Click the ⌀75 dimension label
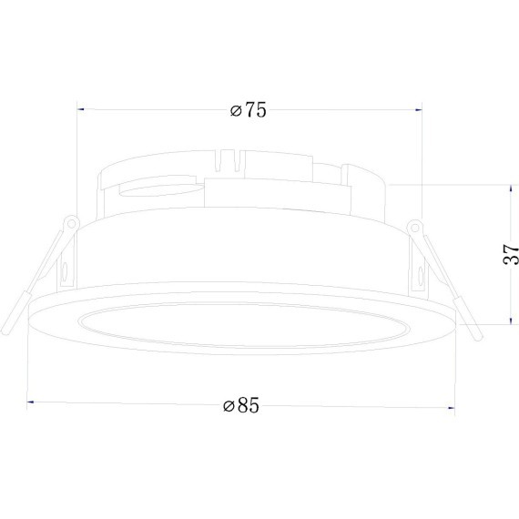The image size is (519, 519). point(248,110)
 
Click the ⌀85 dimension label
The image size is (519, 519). point(241,404)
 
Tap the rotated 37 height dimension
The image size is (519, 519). point(511,254)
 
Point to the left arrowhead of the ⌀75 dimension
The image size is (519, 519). point(80,109)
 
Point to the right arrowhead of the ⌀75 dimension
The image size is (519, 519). point(419,110)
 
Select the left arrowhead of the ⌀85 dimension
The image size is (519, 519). point(30,402)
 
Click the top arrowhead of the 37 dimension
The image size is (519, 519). point(512,188)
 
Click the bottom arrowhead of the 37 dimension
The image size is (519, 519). point(512,321)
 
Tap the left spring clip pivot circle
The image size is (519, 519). point(71,223)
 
